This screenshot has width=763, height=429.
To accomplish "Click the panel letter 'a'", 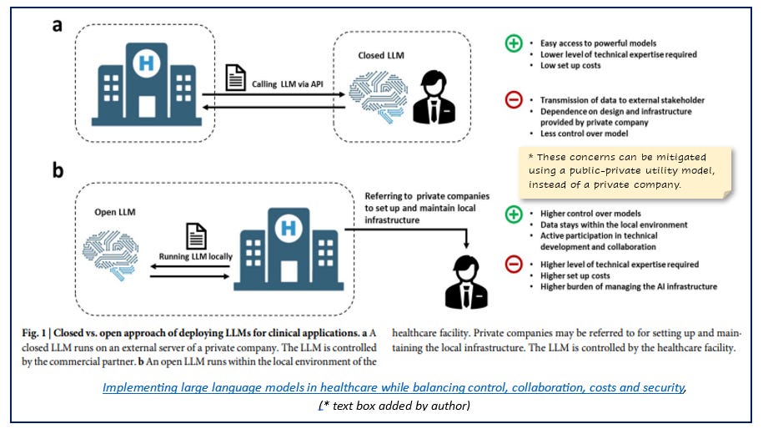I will click(x=56, y=25).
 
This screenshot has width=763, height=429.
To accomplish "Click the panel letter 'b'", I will click(x=58, y=171).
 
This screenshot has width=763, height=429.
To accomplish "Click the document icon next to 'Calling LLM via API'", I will click(x=237, y=79).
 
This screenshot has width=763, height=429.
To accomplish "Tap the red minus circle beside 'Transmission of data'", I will click(x=515, y=100).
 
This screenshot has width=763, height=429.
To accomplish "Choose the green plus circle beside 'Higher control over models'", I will click(x=515, y=214).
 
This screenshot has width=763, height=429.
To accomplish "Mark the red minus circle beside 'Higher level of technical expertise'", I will click(x=515, y=266).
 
